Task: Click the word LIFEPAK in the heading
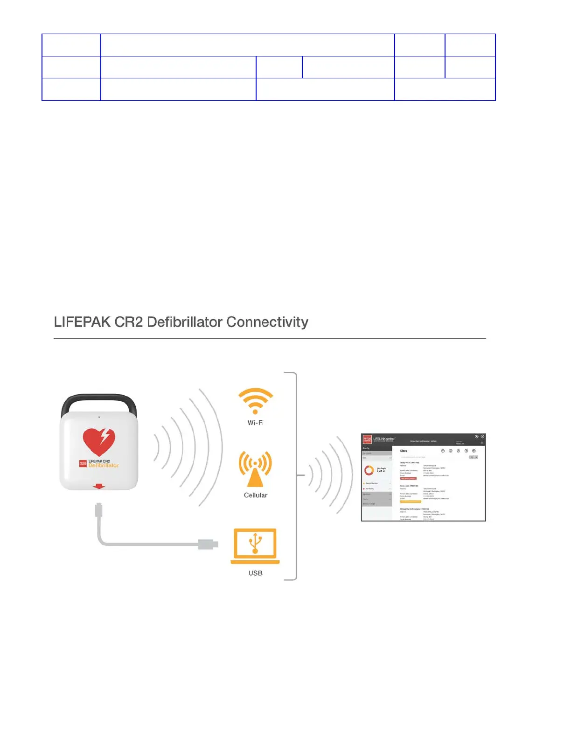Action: point(82,322)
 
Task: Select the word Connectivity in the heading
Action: point(267,322)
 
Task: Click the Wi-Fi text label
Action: point(255,423)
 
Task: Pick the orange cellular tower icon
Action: point(255,469)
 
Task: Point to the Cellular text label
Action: point(255,495)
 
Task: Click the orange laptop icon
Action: point(255,546)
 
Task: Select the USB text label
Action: point(255,573)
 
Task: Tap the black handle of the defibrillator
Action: point(99,402)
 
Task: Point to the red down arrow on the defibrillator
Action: point(98,487)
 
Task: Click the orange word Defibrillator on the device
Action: point(104,466)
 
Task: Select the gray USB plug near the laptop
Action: point(208,544)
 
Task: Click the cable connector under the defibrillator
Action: point(98,509)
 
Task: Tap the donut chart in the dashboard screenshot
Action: point(369,471)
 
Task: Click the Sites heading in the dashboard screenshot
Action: point(404,451)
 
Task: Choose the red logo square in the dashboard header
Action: point(367,439)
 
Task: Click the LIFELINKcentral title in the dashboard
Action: point(384,439)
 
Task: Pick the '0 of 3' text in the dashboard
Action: point(381,471)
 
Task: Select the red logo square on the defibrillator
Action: point(83,464)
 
